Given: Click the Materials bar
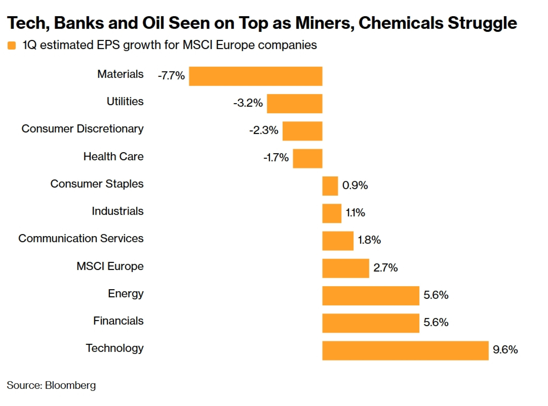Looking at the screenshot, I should (x=255, y=76).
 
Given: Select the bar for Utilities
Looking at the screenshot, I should (x=294, y=103).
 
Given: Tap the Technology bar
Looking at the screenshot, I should (x=405, y=350).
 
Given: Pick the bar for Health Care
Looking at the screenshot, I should (x=307, y=158).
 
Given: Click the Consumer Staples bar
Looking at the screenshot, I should (x=330, y=186).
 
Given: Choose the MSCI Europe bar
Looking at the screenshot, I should (x=346, y=268).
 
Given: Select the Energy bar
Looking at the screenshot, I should (x=370, y=295).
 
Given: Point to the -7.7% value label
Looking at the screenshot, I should (x=171, y=76).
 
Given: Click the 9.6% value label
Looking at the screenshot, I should (x=505, y=350).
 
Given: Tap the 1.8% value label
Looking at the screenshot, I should (x=369, y=240).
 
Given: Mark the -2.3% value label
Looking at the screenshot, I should (x=264, y=130).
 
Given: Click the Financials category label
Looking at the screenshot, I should (x=118, y=321).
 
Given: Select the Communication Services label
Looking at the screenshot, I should (x=81, y=238).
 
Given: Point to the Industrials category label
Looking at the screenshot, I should (x=118, y=211).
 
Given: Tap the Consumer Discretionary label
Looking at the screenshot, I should (x=82, y=129).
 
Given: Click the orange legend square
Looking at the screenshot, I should (x=12, y=45).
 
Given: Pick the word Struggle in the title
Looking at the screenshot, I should (x=482, y=23).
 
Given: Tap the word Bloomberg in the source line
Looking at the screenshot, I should (x=70, y=385).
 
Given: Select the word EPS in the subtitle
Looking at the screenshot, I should (x=108, y=45).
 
